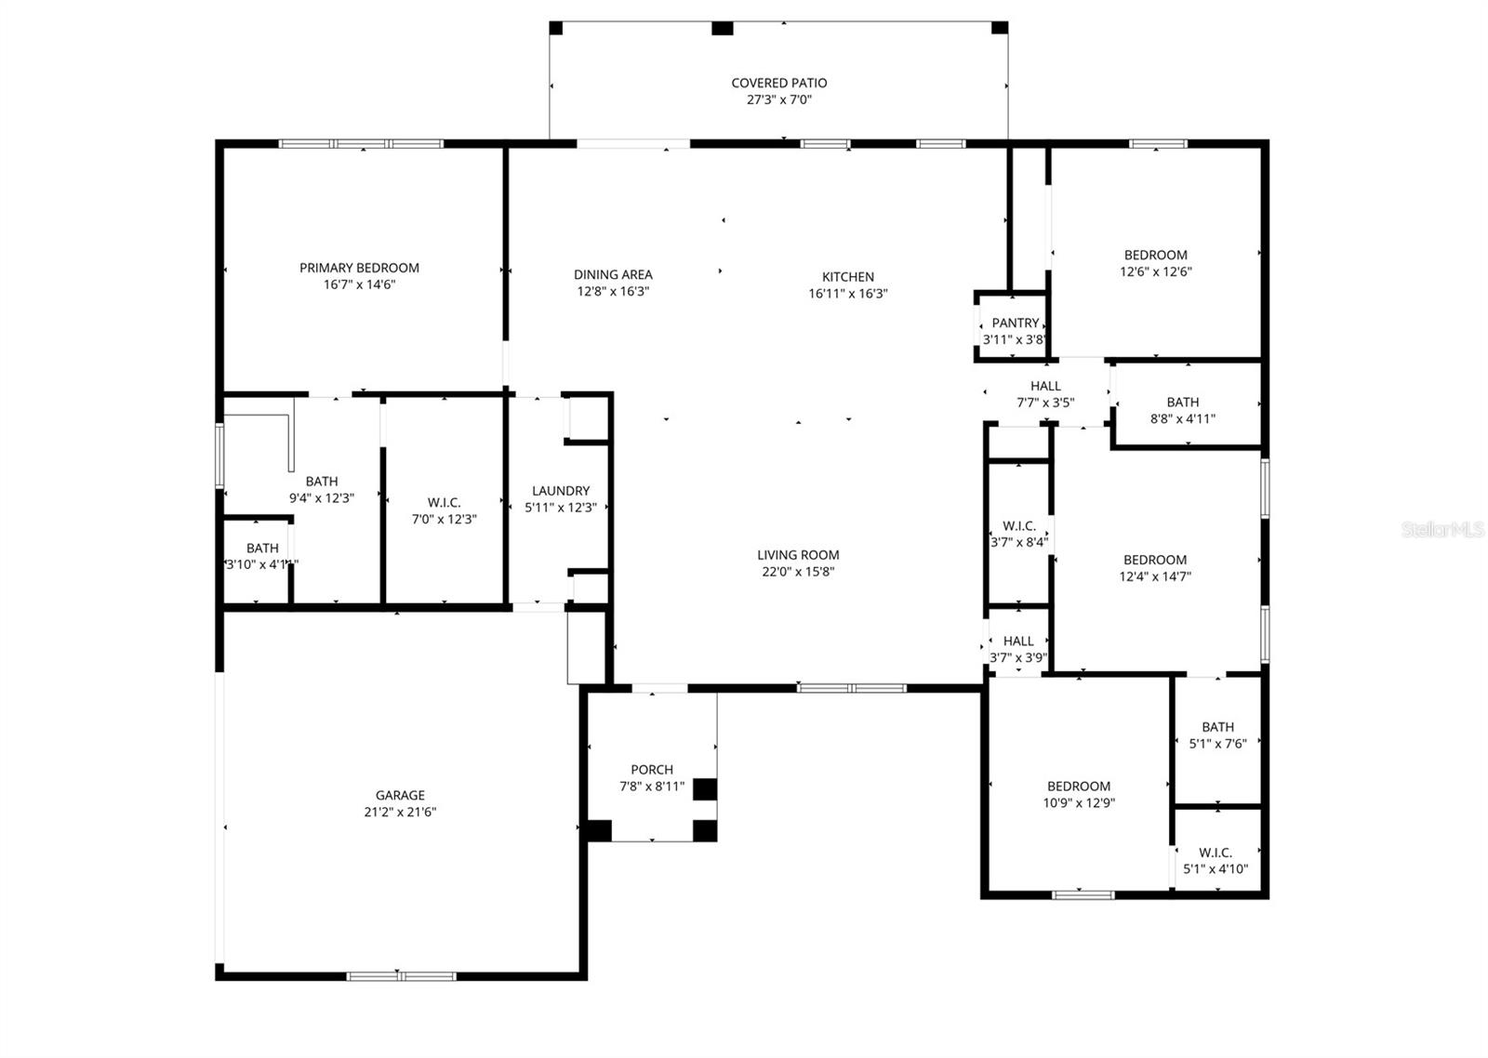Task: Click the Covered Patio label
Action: [778, 84]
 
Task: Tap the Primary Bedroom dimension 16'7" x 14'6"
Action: [359, 285]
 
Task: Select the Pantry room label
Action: [1015, 324]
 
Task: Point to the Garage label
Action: [400, 796]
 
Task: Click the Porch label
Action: [651, 770]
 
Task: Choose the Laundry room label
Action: [560, 491]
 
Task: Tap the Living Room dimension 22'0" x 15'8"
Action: [798, 572]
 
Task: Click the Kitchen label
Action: [847, 277]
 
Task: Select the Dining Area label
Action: [612, 275]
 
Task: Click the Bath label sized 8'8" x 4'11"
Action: [1182, 403]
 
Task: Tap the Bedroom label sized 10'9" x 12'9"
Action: [1079, 787]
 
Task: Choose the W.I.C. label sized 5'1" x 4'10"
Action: [1215, 853]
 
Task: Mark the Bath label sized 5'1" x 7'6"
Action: [1217, 727]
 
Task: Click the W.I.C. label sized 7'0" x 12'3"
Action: [444, 503]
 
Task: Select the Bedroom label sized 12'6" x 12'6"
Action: [1155, 256]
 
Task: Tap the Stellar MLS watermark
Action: [1442, 530]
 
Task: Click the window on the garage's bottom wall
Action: [401, 976]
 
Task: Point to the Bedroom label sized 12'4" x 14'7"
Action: [1154, 560]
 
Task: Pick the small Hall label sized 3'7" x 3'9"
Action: [1018, 641]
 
